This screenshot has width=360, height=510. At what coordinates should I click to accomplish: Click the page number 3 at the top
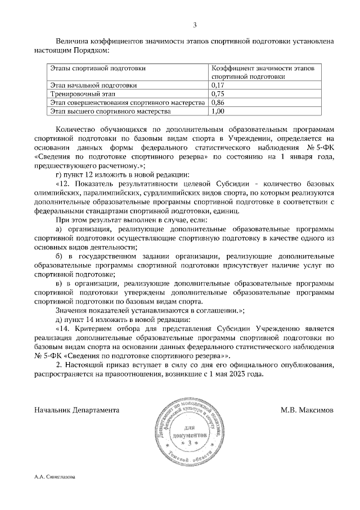point(195,25)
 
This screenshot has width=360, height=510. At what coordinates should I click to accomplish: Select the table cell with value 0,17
point(217,86)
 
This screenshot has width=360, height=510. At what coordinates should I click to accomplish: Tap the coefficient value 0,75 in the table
point(217,94)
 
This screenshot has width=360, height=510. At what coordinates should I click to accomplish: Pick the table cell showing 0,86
point(217,103)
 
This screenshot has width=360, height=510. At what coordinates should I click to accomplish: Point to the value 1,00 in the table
point(217,112)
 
